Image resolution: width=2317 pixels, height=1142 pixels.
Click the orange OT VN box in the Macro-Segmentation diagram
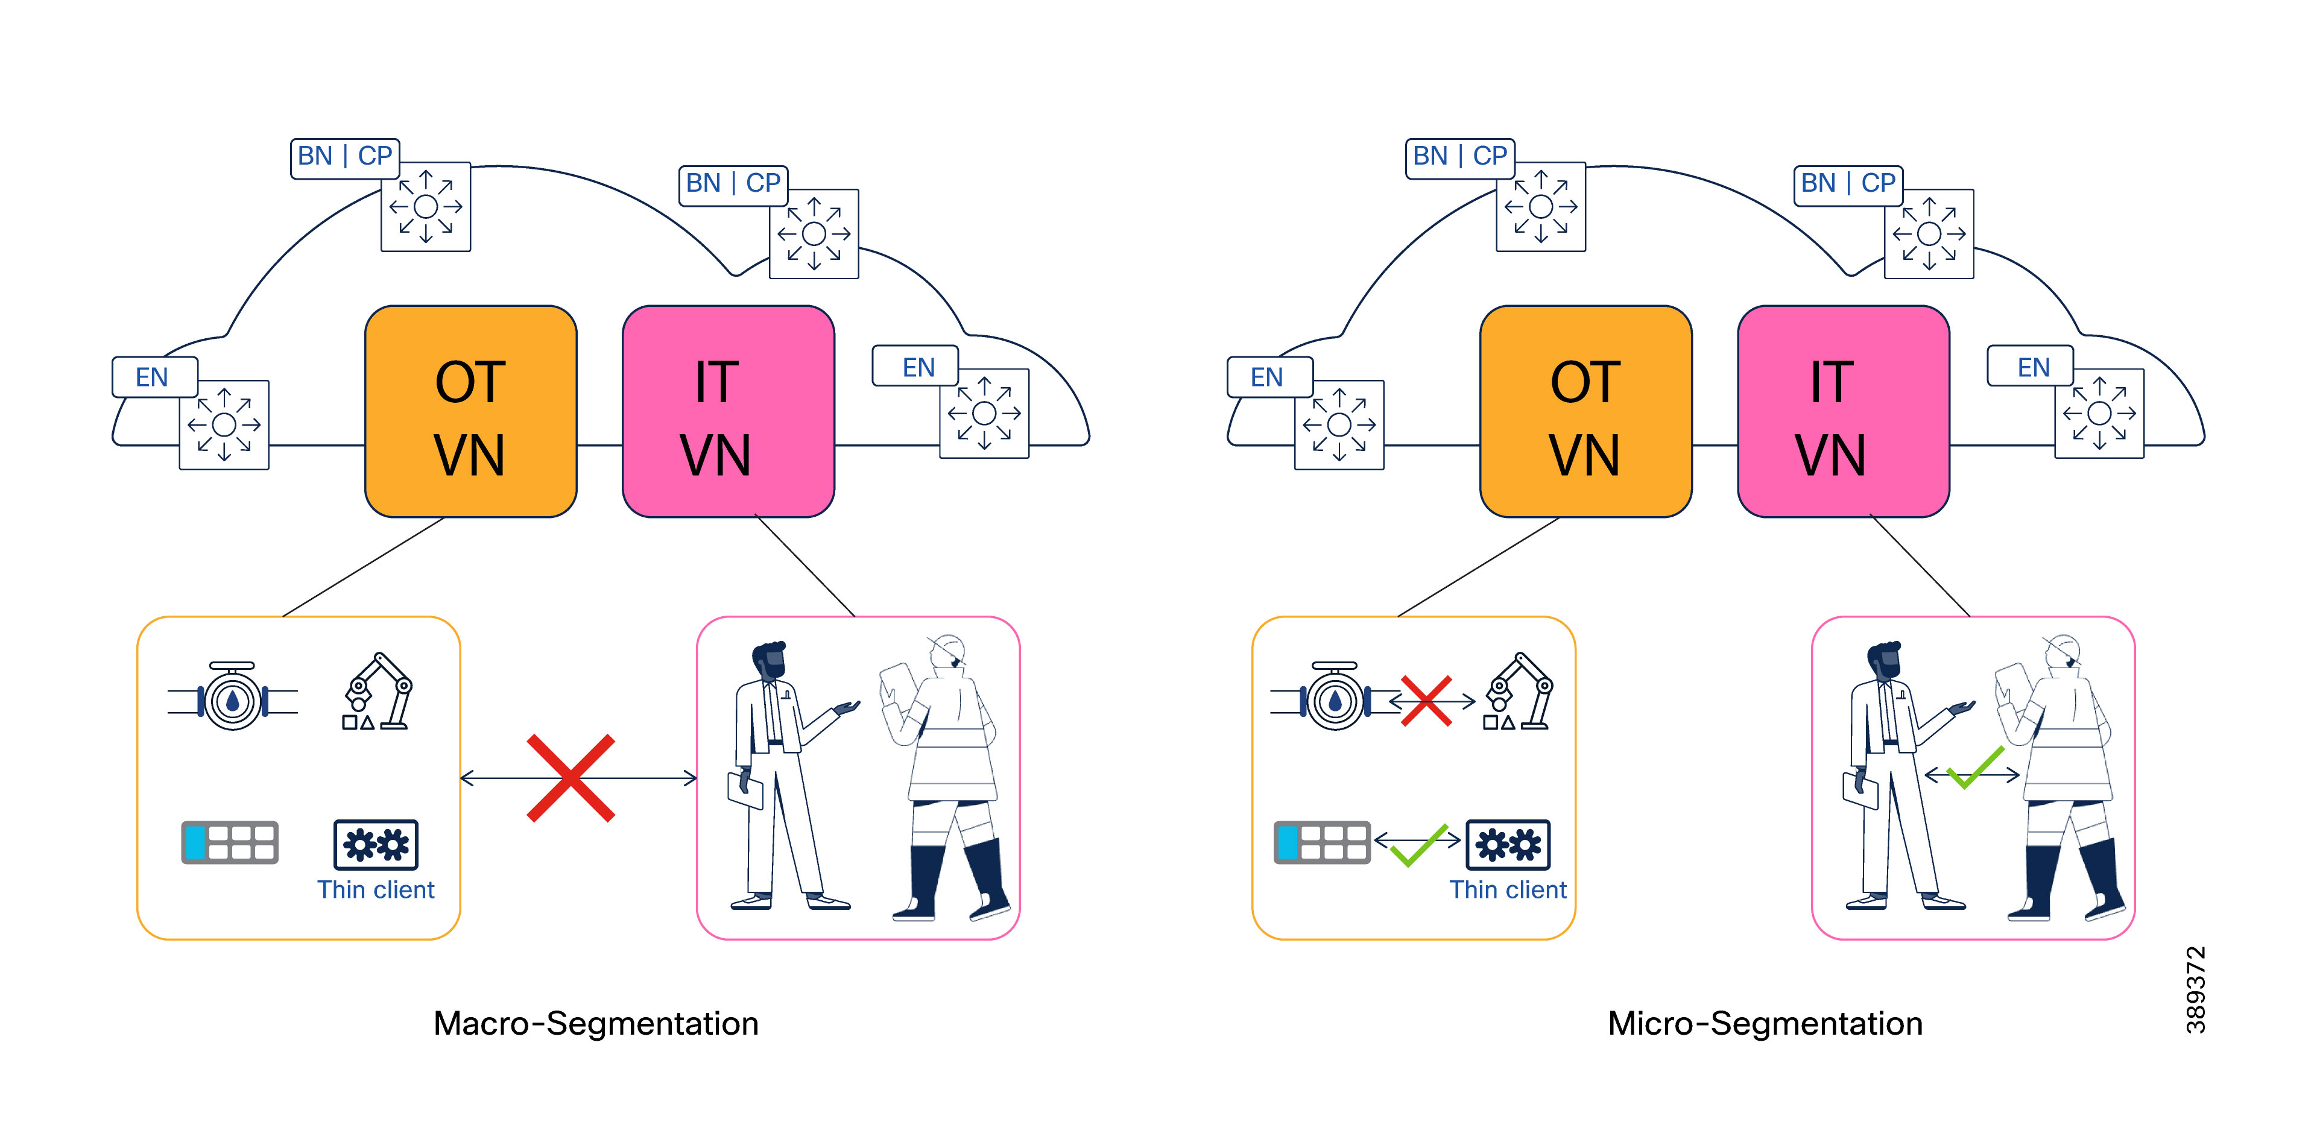click(x=470, y=412)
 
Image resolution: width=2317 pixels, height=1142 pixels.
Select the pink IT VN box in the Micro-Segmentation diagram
click(x=1843, y=412)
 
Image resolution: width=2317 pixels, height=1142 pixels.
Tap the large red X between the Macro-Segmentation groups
click(x=571, y=778)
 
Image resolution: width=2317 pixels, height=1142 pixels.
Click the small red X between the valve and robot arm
click(x=1426, y=701)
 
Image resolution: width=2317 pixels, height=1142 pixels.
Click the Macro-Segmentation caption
click(x=595, y=1023)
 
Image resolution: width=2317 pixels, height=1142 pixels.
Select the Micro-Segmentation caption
click(x=1765, y=1023)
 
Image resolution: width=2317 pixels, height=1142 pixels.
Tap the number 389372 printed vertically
click(x=2196, y=989)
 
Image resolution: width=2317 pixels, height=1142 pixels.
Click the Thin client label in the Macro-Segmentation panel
click(x=375, y=889)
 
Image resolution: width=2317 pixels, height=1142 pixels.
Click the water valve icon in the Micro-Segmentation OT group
click(x=1334, y=699)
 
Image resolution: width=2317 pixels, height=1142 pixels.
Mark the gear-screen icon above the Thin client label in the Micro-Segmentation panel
click(x=1508, y=844)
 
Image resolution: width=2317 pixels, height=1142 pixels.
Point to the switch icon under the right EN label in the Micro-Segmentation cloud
click(x=2099, y=414)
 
